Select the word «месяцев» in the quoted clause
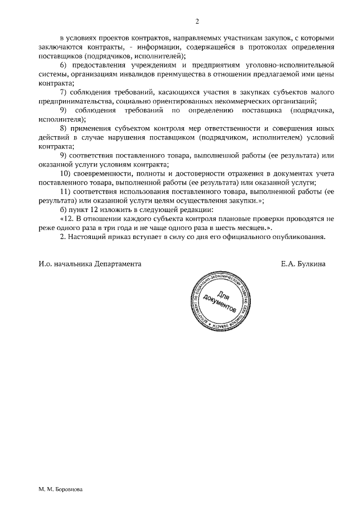pyautogui.click(x=244, y=227)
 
